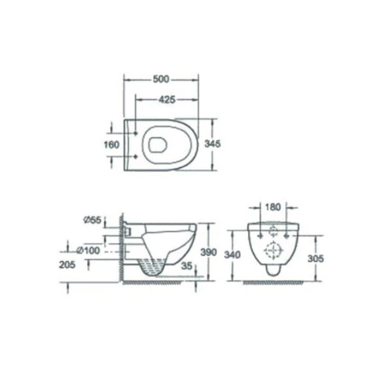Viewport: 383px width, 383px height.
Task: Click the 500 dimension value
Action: coord(161,79)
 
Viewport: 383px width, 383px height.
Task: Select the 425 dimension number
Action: coord(167,100)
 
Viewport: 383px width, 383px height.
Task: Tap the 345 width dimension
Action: coord(212,144)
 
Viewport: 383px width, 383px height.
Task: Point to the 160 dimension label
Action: coord(111,145)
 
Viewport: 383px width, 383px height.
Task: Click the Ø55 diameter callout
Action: coord(92,220)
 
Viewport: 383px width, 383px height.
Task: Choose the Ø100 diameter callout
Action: coord(88,250)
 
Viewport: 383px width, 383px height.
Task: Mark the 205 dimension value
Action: coord(67,265)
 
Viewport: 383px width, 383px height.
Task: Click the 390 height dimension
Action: coord(209,252)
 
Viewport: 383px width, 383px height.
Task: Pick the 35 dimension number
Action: coord(187,266)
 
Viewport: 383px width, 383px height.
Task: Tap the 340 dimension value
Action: coord(232,255)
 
